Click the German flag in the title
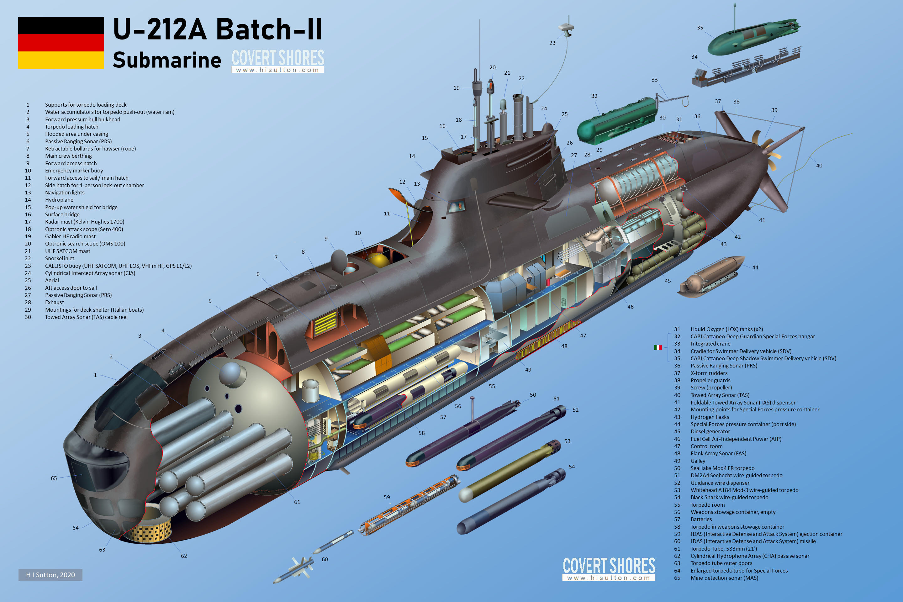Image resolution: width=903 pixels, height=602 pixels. [61, 43]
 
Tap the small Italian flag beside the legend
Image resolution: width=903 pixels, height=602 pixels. [658, 347]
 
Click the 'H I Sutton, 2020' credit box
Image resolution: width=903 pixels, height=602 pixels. [50, 575]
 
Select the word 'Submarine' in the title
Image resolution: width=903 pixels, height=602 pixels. [167, 60]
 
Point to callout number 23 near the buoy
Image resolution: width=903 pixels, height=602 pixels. [552, 43]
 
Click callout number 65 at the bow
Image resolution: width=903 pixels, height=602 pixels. [54, 478]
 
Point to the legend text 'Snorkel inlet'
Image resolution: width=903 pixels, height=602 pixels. [60, 258]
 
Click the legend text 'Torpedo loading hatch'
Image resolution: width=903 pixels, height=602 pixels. [71, 127]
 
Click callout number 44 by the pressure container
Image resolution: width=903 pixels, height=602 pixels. [755, 267]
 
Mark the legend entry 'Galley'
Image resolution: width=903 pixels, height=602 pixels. [698, 461]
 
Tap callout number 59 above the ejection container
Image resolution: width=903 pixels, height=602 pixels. [387, 497]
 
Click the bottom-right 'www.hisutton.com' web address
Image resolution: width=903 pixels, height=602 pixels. [609, 578]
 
